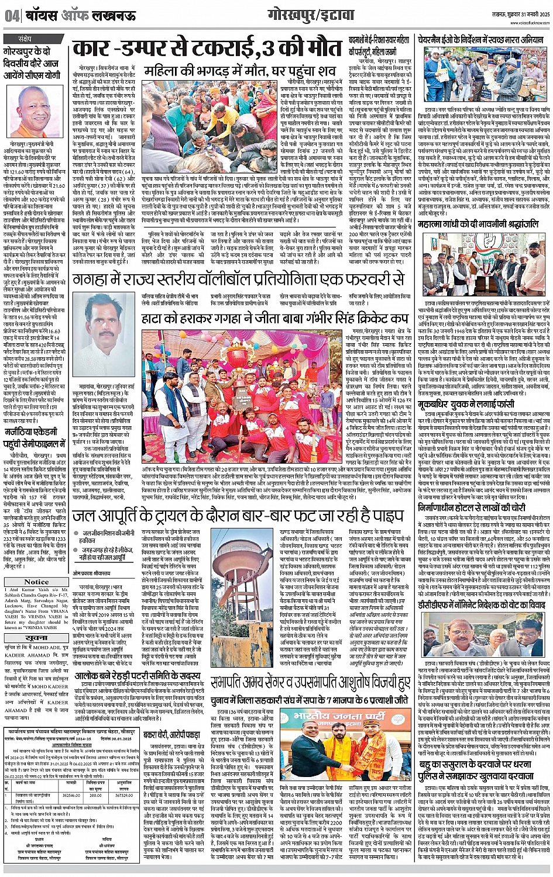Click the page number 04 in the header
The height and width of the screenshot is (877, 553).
tap(11, 16)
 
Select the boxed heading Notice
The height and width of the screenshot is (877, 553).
tap(37, 581)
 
